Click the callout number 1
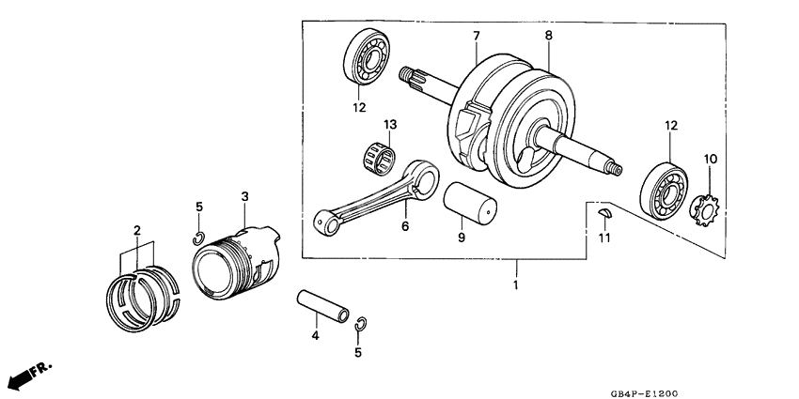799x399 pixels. tap(515, 284)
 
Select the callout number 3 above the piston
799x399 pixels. tap(244, 196)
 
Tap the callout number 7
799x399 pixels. tap(476, 36)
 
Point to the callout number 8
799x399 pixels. tap(548, 36)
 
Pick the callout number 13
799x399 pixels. tap(390, 125)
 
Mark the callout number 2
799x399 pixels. tap(136, 230)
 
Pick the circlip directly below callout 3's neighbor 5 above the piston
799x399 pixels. tap(199, 235)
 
